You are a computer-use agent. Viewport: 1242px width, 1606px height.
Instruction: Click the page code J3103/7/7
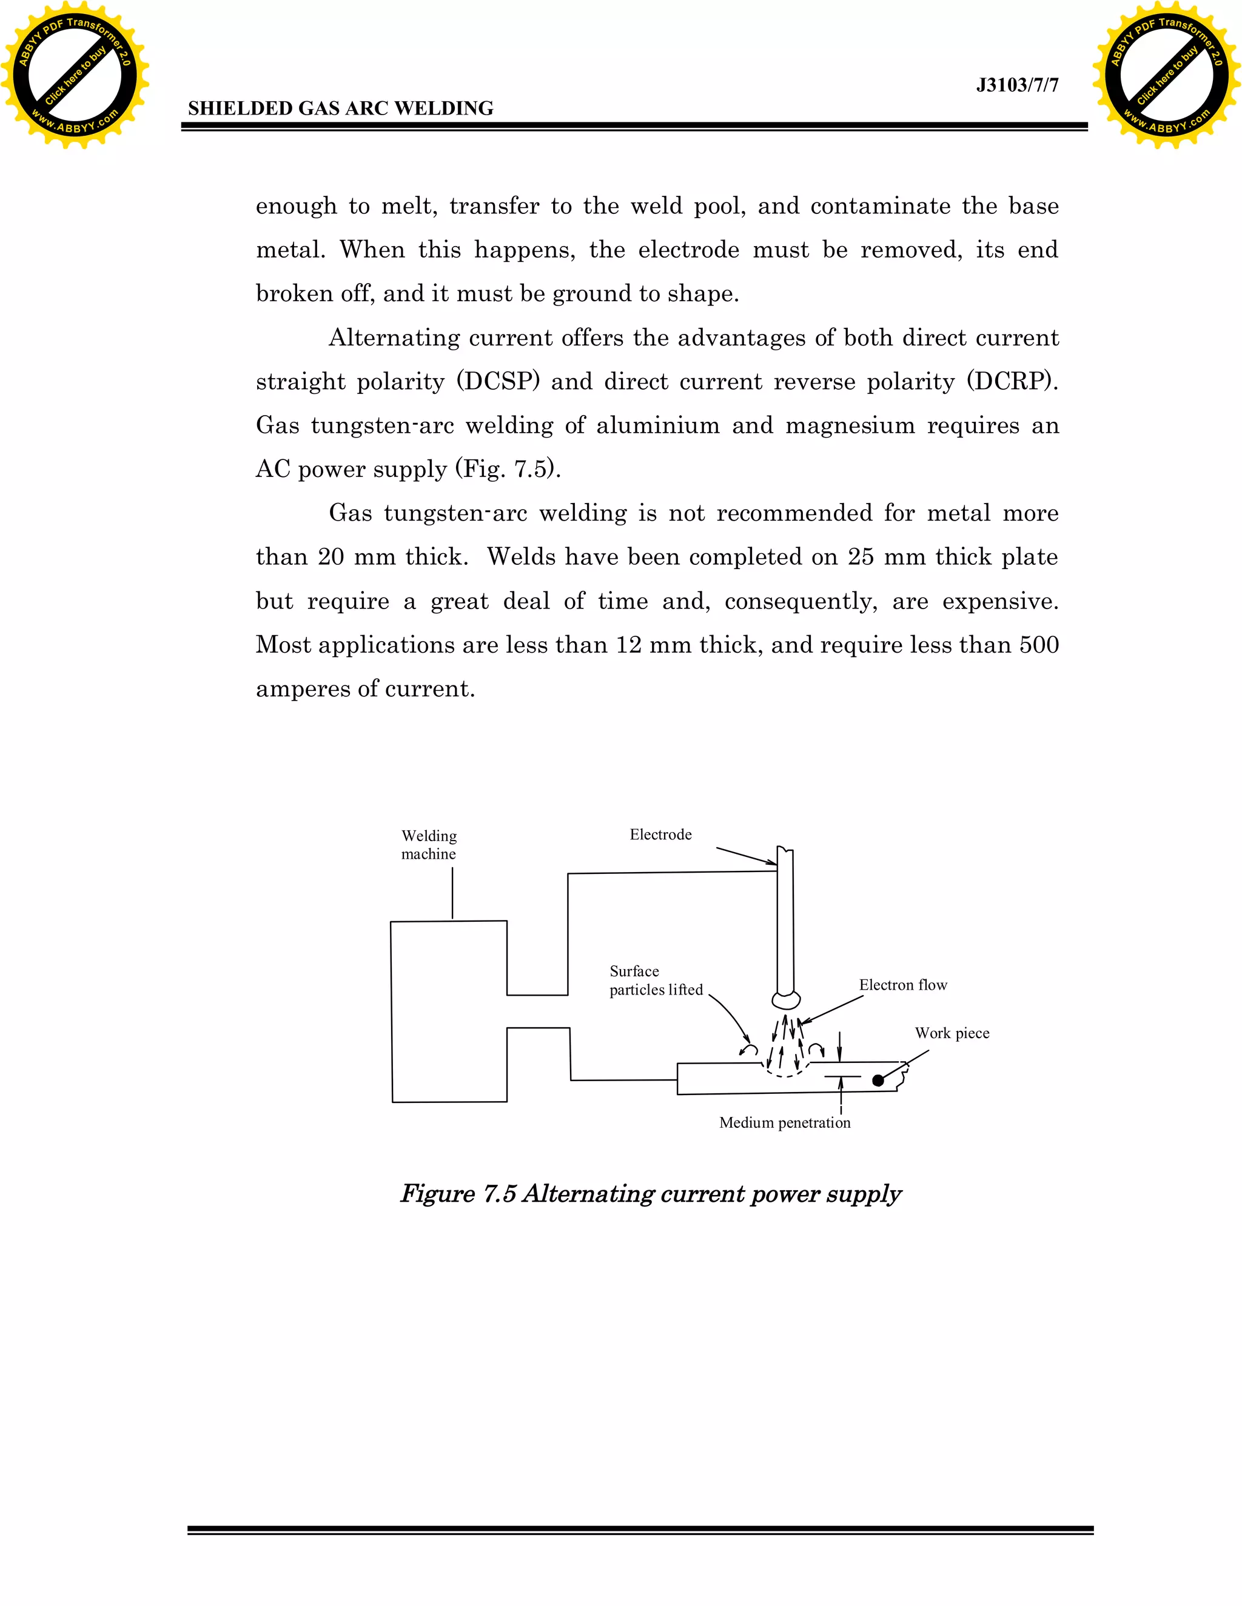point(1017,85)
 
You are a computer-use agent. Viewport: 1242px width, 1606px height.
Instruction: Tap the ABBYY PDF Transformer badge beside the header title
point(75,75)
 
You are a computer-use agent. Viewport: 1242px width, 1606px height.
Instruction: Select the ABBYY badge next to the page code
point(1166,75)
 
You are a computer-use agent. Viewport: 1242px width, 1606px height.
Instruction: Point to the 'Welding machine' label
point(429,845)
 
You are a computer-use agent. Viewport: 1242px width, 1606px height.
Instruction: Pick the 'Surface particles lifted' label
point(656,980)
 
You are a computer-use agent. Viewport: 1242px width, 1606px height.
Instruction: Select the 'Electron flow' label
point(903,985)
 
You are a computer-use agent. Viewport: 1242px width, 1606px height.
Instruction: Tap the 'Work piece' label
point(952,1033)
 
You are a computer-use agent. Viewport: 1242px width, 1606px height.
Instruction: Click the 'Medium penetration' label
point(784,1123)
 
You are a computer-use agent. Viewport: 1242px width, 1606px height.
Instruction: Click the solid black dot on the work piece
point(878,1080)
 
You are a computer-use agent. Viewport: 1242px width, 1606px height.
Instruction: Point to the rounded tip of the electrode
point(786,1000)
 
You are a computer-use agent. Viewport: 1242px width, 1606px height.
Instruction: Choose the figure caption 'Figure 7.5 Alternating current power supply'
point(651,1193)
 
